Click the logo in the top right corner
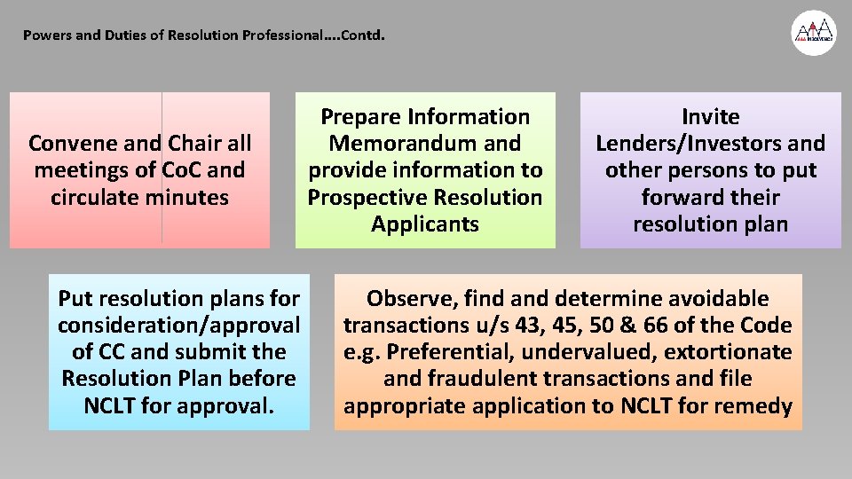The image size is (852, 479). coord(814,34)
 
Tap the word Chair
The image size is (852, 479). coord(199,143)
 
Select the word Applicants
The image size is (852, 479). coord(424,224)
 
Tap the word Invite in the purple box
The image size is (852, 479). coord(710,116)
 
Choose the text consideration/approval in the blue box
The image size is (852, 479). coord(178,326)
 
